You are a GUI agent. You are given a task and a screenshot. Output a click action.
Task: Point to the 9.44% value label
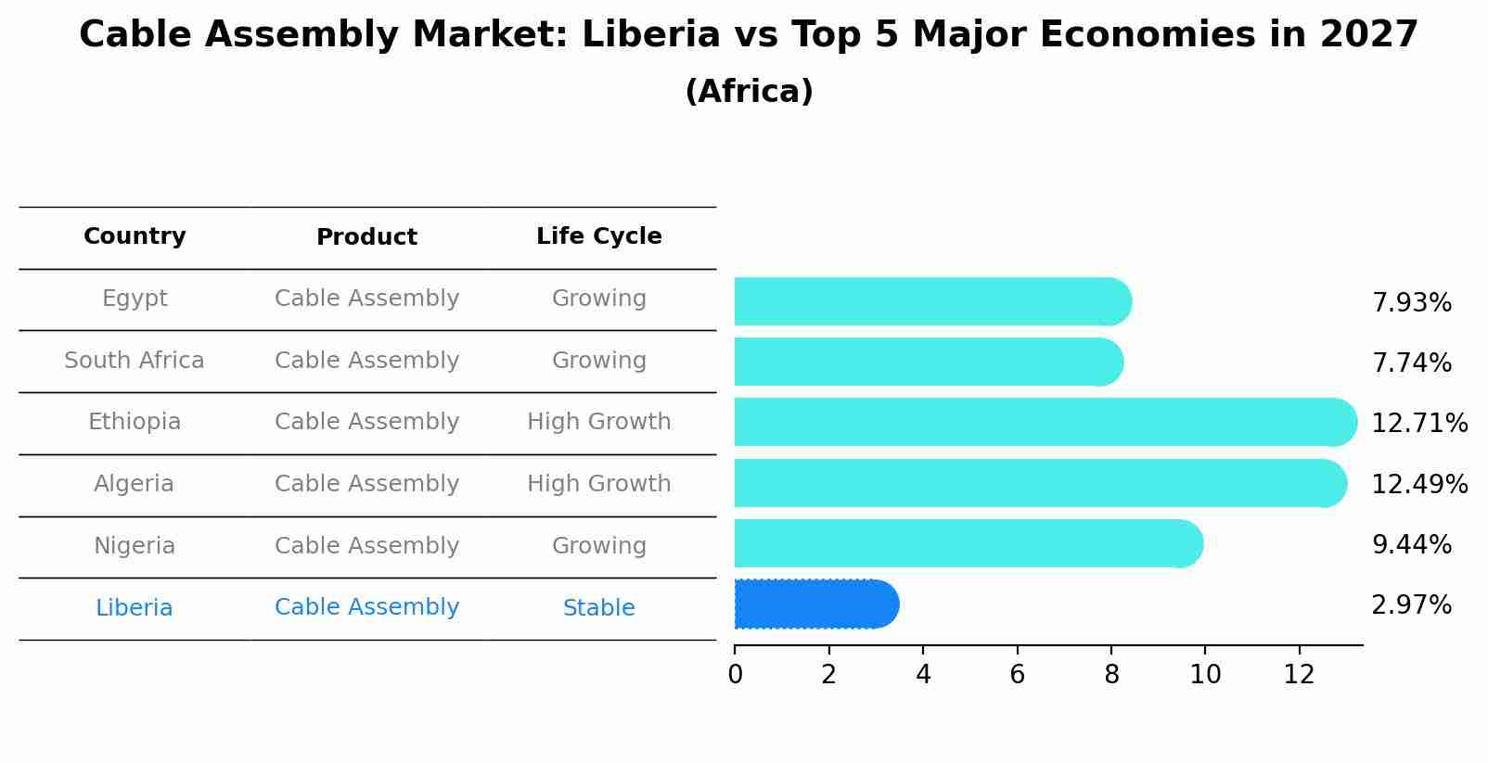[x=1411, y=545]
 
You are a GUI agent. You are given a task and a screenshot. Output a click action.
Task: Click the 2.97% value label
[x=1411, y=605]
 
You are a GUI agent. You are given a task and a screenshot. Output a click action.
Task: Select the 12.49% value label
[x=1418, y=484]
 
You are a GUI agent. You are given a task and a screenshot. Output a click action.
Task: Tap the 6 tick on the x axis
[x=1017, y=675]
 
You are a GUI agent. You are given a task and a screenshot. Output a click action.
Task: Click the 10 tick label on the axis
[x=1204, y=675]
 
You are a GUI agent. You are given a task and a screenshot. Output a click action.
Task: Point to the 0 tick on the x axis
[x=735, y=675]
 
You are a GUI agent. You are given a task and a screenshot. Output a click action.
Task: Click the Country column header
[x=135, y=236]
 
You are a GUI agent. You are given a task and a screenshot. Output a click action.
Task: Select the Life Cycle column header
[x=598, y=236]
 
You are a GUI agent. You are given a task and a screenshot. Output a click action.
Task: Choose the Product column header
[x=366, y=237]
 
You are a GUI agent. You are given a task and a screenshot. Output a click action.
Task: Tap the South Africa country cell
[x=135, y=361]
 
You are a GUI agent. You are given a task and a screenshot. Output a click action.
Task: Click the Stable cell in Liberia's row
[x=598, y=608]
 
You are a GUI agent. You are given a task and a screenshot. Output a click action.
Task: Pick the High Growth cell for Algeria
[x=598, y=484]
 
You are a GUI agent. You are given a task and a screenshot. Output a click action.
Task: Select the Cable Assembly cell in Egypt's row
[x=366, y=299]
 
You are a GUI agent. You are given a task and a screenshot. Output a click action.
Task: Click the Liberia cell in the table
[x=135, y=608]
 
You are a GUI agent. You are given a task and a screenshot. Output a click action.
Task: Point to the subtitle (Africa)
[x=749, y=92]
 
